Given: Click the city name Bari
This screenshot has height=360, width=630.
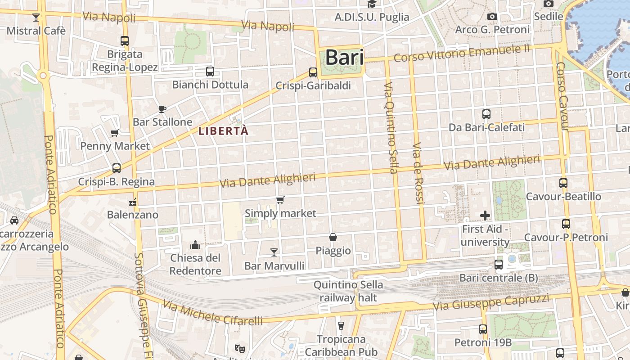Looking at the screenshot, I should tap(344, 58).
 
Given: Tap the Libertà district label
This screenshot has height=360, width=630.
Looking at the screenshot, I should tap(223, 131).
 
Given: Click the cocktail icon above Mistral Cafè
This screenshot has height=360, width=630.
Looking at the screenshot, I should tap(36, 18).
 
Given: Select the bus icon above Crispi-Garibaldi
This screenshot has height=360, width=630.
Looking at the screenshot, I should tap(313, 72).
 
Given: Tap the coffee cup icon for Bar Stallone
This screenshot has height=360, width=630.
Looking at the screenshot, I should tap(162, 108).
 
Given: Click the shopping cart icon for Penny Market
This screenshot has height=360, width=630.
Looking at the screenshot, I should tap(114, 133).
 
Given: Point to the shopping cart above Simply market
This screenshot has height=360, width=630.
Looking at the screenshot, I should tap(280, 200).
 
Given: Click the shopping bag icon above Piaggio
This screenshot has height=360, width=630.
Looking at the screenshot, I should tap(333, 237).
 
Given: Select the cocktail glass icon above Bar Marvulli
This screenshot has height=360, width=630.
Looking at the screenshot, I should tap(274, 252).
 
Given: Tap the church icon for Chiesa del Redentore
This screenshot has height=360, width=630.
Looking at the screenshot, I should tap(195, 244).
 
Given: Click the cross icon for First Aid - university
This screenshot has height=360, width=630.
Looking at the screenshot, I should tap(485, 216).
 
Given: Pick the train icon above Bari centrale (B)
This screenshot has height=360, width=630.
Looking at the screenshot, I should tap(499, 264).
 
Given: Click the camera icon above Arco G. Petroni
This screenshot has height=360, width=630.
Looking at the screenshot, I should tap(492, 17).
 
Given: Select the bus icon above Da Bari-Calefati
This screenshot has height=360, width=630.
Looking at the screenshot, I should tap(486, 114).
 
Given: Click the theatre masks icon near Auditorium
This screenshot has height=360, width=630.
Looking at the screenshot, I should tap(240, 348).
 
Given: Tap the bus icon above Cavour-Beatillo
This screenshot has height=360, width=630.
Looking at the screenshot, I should tap(563, 183).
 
